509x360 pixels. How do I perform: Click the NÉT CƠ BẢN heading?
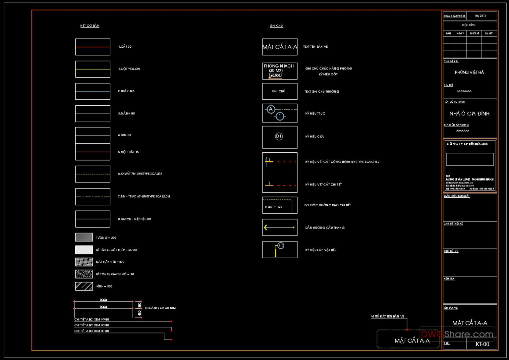[89, 26]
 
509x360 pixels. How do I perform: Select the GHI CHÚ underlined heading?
[276, 26]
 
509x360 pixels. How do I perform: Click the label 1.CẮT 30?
[125, 47]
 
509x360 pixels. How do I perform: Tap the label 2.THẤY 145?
[126, 91]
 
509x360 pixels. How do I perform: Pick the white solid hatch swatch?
[84, 250]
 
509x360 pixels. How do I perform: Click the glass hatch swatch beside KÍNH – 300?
[84, 286]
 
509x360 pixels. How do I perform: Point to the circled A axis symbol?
[271, 109]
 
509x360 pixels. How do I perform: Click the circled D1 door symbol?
[279, 136]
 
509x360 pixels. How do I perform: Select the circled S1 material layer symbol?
[281, 245]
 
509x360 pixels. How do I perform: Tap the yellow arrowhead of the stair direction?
[265, 228]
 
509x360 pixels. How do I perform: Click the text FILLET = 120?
[274, 207]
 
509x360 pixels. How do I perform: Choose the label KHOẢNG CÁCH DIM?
[160, 308]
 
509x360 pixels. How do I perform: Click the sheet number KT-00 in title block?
[482, 344]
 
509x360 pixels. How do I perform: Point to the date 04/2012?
[481, 16]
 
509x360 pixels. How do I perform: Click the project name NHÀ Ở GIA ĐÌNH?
[469, 114]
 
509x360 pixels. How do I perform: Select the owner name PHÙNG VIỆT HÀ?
[469, 72]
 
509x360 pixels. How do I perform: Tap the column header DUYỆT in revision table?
[489, 33]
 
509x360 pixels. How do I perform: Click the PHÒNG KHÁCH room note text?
[279, 66]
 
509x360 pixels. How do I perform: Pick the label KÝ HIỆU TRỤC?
[315, 114]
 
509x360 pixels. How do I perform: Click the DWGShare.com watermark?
[457, 334]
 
